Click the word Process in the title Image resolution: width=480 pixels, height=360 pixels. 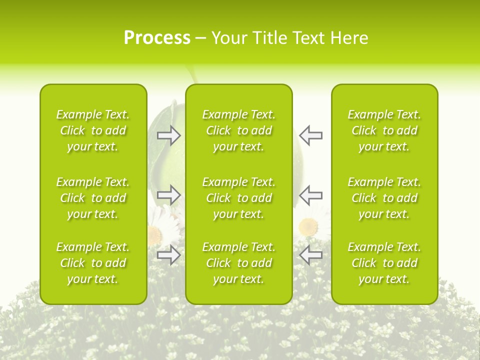(157, 38)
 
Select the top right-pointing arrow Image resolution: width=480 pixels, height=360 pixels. (169, 135)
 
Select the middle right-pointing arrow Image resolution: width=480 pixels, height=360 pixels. (169, 194)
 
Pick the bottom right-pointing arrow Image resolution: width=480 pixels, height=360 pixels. (169, 254)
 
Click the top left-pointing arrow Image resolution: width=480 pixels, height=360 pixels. (311, 135)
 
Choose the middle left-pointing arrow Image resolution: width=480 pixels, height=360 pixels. (311, 194)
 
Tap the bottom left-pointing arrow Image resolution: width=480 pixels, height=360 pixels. (311, 254)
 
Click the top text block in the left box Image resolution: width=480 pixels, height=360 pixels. (93, 130)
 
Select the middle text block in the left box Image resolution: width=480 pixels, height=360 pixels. (93, 198)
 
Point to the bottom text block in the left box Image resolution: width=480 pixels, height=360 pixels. (93, 263)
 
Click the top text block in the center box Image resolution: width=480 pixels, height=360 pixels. (238, 130)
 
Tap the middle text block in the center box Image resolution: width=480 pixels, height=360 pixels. (238, 198)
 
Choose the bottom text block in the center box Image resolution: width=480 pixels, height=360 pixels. (238, 263)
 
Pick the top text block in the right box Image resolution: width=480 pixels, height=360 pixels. (384, 130)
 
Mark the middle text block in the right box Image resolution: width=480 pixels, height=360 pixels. (384, 198)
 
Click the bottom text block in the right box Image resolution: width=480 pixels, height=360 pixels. (384, 263)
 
